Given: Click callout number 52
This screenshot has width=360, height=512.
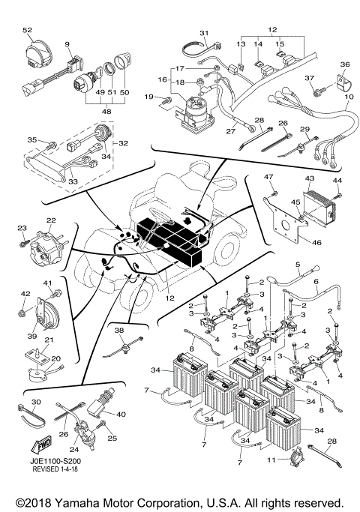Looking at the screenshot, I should pos(28,30).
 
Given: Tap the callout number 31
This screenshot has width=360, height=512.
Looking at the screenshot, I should pos(203,34).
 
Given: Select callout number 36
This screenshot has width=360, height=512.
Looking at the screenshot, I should pos(345,64).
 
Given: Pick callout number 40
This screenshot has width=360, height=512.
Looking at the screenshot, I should pos(121,414).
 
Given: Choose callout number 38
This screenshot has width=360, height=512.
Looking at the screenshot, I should pos(118,328).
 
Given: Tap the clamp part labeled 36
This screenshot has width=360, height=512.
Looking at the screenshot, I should pos(340,81).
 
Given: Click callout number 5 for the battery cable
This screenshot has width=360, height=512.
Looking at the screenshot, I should pos(298,265).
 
